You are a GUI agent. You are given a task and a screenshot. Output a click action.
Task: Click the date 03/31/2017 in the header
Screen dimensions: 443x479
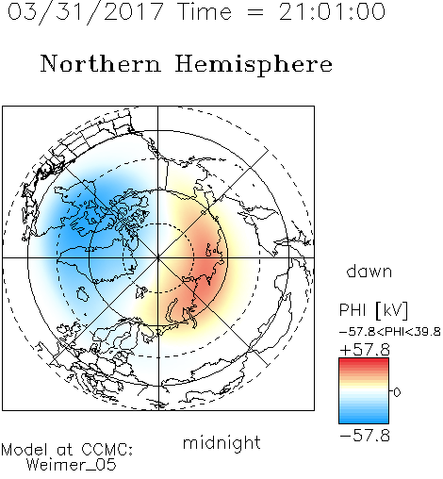point(86,12)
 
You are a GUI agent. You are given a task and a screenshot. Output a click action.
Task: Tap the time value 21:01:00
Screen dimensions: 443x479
point(333,11)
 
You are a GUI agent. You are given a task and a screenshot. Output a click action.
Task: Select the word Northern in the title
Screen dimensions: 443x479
point(101,63)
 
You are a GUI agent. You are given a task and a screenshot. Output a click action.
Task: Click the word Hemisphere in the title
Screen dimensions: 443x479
point(254,65)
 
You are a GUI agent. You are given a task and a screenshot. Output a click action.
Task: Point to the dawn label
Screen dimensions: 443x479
point(369,271)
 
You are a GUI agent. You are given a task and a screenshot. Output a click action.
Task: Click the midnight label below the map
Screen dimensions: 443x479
point(221,442)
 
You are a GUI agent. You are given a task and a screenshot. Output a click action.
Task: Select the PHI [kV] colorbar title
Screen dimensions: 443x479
point(373,310)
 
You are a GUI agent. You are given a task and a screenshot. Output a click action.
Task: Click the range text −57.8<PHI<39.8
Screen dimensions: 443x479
point(390,332)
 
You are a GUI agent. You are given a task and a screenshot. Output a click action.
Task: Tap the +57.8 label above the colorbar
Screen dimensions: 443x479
point(365,350)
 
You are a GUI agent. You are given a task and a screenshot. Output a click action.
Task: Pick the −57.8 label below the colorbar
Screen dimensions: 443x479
point(365,436)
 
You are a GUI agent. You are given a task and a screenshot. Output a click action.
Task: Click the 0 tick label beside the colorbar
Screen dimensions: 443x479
point(397,392)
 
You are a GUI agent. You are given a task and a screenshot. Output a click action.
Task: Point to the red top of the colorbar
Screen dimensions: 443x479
point(364,361)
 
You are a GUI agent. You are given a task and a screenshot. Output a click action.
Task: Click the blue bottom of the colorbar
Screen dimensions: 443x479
point(364,420)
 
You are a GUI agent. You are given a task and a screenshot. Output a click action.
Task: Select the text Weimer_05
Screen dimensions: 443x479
point(72,465)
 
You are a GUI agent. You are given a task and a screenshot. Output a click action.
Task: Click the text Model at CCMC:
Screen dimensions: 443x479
point(67,450)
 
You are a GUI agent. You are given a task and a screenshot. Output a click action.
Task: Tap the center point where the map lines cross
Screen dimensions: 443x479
point(158,257)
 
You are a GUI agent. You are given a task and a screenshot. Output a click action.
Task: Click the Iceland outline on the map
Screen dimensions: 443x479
point(82,293)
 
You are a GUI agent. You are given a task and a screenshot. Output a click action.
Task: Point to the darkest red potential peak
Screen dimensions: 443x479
point(207,267)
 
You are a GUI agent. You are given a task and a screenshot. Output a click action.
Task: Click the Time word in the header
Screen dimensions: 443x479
point(205,11)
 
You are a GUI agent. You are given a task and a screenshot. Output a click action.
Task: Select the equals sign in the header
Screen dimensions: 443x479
point(255,12)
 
